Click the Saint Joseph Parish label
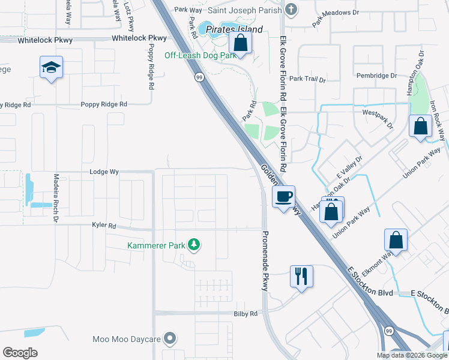click(x=244, y=10)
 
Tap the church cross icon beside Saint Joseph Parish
click(x=291, y=9)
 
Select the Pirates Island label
click(x=234, y=29)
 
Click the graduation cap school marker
click(x=51, y=68)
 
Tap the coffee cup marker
click(x=283, y=196)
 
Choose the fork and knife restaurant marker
click(x=301, y=276)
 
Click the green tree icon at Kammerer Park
click(x=194, y=244)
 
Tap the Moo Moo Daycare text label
click(x=127, y=339)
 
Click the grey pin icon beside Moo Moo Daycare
click(x=170, y=339)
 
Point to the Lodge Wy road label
click(x=104, y=172)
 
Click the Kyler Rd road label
click(x=104, y=226)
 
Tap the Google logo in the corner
click(x=20, y=353)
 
